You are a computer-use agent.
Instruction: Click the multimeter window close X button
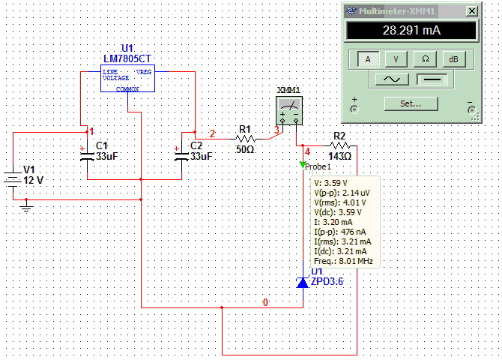pyautogui.click(x=471, y=11)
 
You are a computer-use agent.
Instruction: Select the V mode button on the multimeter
pyautogui.click(x=396, y=59)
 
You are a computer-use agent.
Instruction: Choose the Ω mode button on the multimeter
pyautogui.click(x=425, y=59)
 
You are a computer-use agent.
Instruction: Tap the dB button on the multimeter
pyautogui.click(x=453, y=59)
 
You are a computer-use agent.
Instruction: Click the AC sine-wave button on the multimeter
pyautogui.click(x=392, y=79)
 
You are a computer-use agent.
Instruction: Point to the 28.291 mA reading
pyautogui.click(x=411, y=31)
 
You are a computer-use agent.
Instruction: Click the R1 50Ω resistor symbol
pyautogui.click(x=245, y=139)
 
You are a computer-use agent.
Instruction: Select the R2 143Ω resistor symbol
pyautogui.click(x=339, y=145)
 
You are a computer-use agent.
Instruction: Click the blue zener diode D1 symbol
pyautogui.click(x=303, y=283)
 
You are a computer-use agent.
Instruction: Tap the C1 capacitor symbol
pyautogui.click(x=87, y=157)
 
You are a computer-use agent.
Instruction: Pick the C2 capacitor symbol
pyautogui.click(x=181, y=157)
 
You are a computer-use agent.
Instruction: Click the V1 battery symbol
pyautogui.click(x=13, y=180)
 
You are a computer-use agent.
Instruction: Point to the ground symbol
pyautogui.click(x=26, y=206)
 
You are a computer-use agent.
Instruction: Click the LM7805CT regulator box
pyautogui.click(x=127, y=79)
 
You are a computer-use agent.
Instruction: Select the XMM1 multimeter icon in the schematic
pyautogui.click(x=289, y=110)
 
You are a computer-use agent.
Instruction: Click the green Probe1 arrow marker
pyautogui.click(x=303, y=164)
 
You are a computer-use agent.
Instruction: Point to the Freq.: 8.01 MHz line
pyautogui.click(x=343, y=261)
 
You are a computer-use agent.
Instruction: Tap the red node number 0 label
pyautogui.click(x=265, y=302)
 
